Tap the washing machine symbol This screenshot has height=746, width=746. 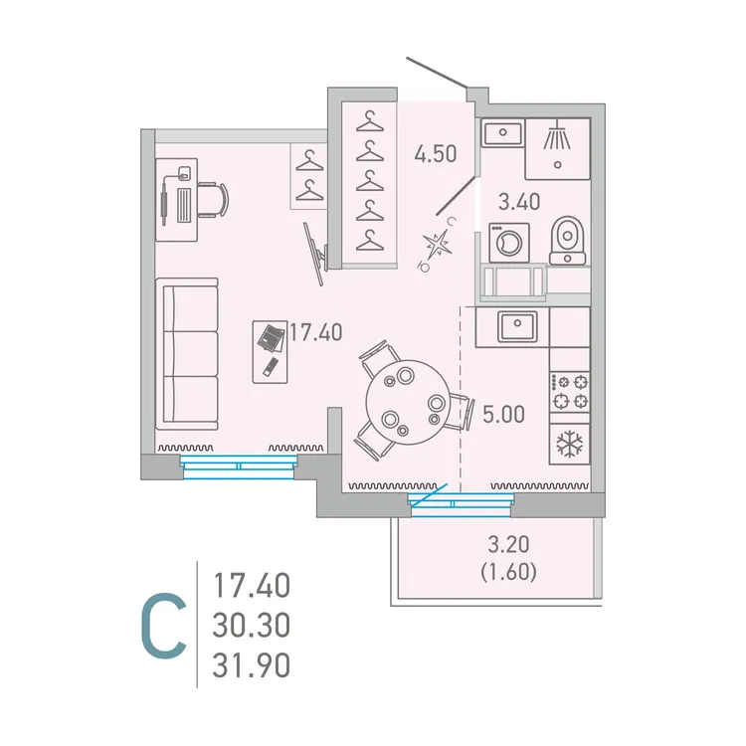tap(509, 243)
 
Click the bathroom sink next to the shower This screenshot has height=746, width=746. tap(503, 133)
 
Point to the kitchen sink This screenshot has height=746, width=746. tap(518, 325)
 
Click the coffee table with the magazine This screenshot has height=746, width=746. tap(271, 349)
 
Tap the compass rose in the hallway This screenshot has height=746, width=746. tap(439, 245)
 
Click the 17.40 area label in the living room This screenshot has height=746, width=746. tap(315, 332)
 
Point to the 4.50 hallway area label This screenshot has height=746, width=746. tap(436, 154)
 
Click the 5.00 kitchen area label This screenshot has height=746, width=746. tap(503, 412)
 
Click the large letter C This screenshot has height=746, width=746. tap(162, 626)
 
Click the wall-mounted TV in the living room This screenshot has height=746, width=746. tap(316, 252)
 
